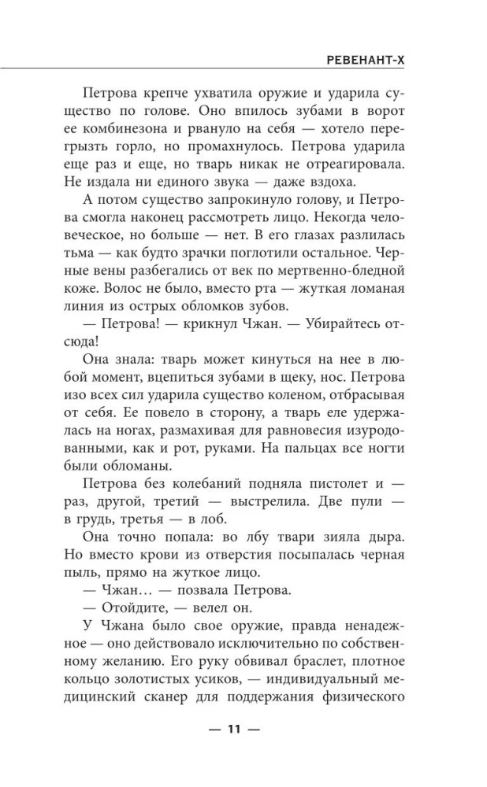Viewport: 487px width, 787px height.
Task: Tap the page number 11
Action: [x=232, y=728]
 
